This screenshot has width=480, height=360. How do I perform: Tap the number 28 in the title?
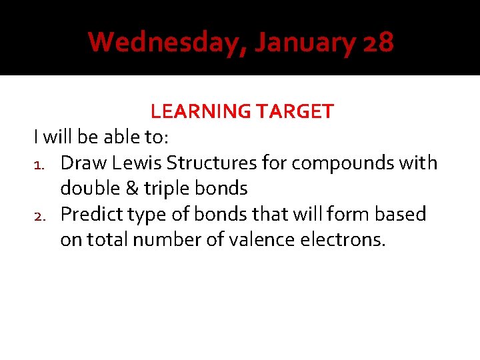coord(379,43)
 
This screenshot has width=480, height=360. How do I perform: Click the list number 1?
coord(39,163)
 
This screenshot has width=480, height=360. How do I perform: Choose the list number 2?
coord(39,215)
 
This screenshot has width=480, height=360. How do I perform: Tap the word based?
coord(402,215)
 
